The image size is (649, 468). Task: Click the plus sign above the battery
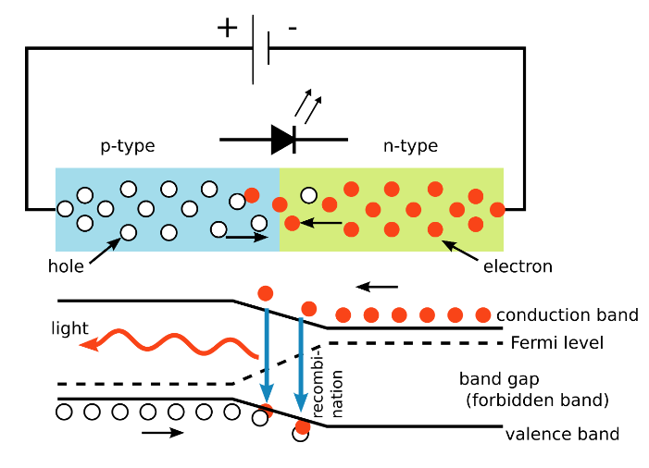tap(227, 27)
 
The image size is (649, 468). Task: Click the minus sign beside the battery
tap(293, 29)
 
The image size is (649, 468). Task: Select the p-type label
tap(128, 146)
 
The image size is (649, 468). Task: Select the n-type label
tap(410, 146)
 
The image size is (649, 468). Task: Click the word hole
tap(65, 266)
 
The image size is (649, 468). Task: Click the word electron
tap(518, 266)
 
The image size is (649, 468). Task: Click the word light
tap(70, 328)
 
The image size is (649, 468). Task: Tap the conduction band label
tap(567, 315)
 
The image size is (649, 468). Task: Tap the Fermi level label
tap(556, 343)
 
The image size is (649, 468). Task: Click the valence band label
tap(562, 434)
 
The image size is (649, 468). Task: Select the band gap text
tap(499, 379)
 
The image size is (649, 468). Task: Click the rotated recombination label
tap(331, 394)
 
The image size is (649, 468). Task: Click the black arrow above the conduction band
tap(377, 286)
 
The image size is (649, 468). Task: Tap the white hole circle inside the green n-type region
tap(308, 195)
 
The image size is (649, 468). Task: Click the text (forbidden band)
tap(538, 400)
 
